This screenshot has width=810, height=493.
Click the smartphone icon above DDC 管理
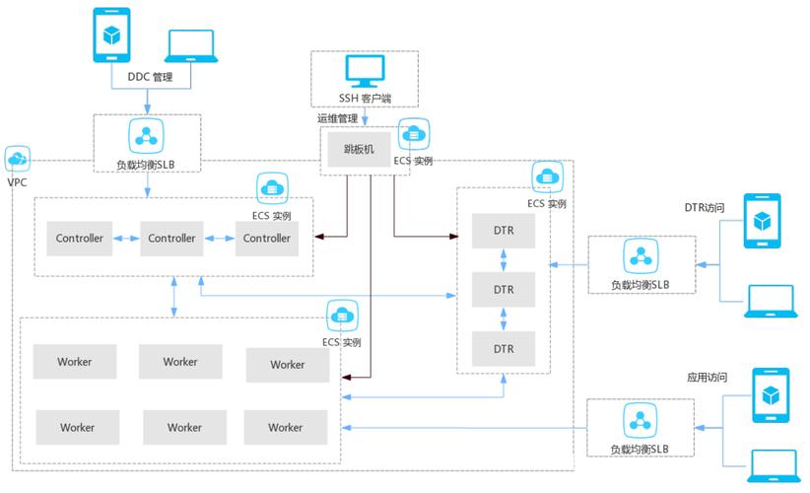111,35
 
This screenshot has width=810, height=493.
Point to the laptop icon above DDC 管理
193,44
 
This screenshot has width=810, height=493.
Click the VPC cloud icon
18,159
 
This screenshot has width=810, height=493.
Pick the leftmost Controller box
79,239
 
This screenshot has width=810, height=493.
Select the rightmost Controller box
267,239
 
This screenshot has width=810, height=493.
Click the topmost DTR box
504,231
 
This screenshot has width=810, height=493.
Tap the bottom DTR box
504,349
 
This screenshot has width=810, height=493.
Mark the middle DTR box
504,290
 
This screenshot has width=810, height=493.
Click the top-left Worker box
75,362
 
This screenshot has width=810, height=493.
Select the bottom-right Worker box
286,427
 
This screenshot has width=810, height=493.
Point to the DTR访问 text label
706,208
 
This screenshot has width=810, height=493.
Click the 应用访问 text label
707,377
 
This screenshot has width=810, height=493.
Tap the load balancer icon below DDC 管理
147,133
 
